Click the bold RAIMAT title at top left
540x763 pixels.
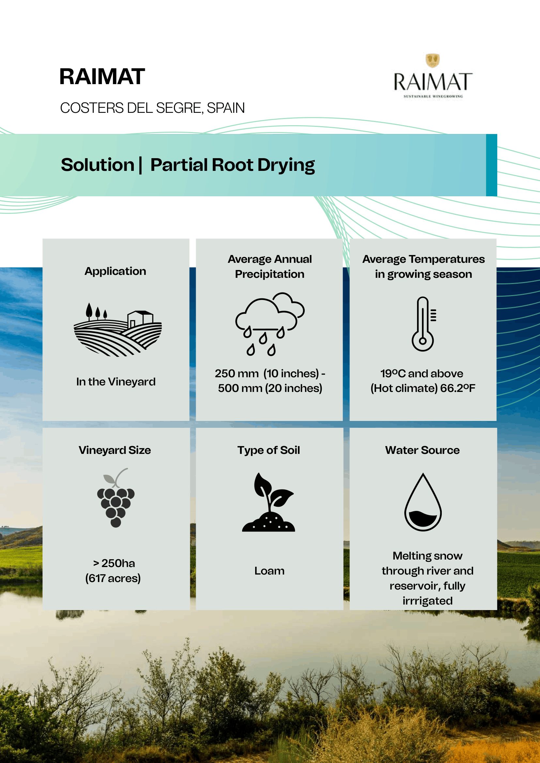[x=102, y=77]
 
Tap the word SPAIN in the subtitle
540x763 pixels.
[x=226, y=108]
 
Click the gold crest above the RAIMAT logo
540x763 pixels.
[x=433, y=60]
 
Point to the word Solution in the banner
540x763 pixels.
[x=98, y=165]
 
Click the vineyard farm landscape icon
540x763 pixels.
[x=118, y=329]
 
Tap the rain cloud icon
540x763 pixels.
[x=270, y=324]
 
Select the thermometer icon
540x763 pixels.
[x=423, y=324]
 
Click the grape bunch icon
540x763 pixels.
[x=116, y=498]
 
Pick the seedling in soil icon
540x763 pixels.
[x=269, y=502]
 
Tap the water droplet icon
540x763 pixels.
[x=423, y=502]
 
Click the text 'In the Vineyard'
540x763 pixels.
[x=116, y=382]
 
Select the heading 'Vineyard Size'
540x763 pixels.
[x=115, y=450]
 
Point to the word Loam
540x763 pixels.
[x=269, y=571]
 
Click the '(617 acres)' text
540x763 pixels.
[x=113, y=578]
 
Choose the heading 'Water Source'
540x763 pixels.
[x=422, y=450]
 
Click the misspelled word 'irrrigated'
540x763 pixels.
[x=428, y=601]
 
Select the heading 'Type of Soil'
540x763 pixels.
[x=269, y=450]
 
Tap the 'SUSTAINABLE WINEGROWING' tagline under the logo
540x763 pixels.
[x=433, y=97]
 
